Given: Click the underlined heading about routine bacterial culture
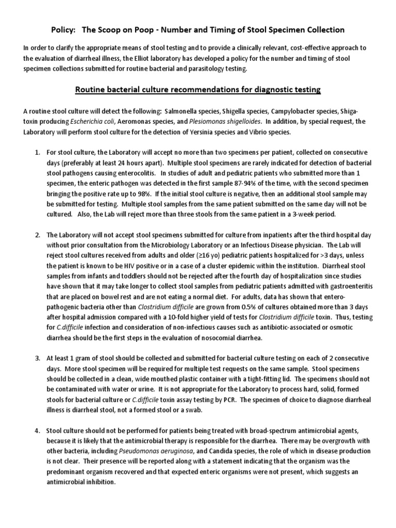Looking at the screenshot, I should point(198,90).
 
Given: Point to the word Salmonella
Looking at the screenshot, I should point(179,112).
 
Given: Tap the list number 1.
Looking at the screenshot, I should point(37,153).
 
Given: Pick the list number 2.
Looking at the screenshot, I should point(37,235).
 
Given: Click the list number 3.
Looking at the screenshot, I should point(37,358).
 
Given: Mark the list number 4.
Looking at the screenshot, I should point(37,431).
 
